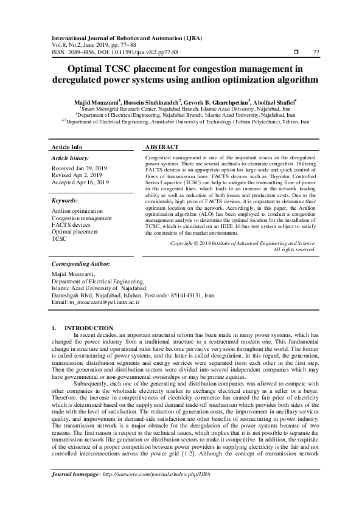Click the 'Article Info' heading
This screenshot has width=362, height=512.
click(67, 147)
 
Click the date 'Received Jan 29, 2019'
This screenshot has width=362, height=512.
click(80, 167)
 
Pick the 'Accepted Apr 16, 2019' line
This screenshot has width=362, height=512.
click(80, 182)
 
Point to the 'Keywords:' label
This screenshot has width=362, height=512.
click(65, 200)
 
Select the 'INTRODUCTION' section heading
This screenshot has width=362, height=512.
click(89, 328)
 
